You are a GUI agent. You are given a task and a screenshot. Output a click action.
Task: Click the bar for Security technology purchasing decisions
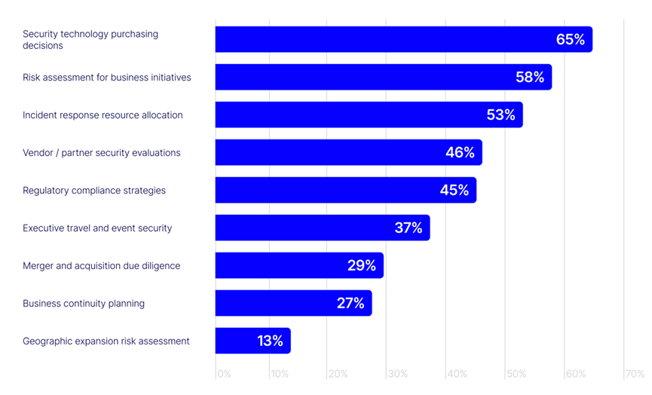tap(403, 39)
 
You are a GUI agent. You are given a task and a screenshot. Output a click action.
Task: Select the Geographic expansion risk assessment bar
tap(253, 341)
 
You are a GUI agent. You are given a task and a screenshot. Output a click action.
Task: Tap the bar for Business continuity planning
tap(293, 303)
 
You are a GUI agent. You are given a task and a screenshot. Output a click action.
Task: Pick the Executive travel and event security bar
tap(323, 228)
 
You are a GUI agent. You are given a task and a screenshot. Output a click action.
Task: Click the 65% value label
tap(571, 39)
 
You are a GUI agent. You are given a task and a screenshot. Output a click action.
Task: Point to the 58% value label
tap(530, 77)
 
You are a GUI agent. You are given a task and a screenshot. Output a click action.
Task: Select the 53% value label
tap(500, 115)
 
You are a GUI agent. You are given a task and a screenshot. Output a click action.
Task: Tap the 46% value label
tap(460, 152)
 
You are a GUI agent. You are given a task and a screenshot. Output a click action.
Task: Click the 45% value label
tap(455, 190)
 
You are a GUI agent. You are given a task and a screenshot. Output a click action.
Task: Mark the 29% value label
tap(361, 265)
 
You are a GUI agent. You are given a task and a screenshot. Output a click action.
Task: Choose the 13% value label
tap(270, 341)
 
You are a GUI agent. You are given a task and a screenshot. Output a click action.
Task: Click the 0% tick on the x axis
tap(224, 374)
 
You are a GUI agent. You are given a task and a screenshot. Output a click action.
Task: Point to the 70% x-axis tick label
tap(635, 374)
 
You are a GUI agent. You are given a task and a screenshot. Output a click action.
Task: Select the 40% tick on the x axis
tap(457, 374)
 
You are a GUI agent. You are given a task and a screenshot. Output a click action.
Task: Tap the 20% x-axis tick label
tap(338, 374)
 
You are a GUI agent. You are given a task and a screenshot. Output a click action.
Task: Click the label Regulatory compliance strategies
tap(94, 191)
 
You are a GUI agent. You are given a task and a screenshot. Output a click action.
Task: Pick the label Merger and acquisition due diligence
tap(102, 266)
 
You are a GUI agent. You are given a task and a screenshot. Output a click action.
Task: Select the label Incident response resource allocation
tap(103, 115)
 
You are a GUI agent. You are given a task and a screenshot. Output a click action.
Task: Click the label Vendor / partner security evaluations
tap(102, 153)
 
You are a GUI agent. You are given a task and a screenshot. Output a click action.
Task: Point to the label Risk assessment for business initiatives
tap(107, 78)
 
